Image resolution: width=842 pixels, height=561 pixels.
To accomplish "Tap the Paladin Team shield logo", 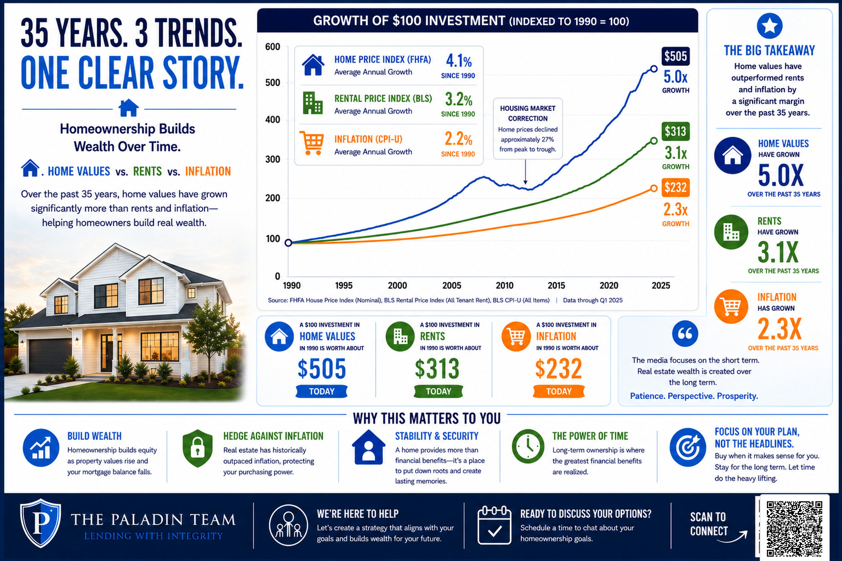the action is tap(41, 523).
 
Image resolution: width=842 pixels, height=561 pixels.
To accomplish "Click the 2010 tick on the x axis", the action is tap(504, 285).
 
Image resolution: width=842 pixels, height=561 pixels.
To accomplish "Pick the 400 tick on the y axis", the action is tap(272, 119).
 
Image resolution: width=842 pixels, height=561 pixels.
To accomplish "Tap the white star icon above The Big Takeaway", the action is tap(770, 26).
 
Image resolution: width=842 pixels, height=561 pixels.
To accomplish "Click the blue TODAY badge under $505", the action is tap(322, 391).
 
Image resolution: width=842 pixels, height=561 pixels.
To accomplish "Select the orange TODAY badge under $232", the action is tap(559, 391).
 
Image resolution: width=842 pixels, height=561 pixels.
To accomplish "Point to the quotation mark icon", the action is tap(685, 333).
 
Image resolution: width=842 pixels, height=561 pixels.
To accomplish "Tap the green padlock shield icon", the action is tap(198, 448).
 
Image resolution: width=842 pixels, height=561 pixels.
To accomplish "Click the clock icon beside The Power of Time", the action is tap(528, 446).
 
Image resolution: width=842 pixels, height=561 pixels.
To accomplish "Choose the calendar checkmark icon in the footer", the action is tap(494, 525).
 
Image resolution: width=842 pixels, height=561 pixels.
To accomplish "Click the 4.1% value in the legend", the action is tap(459, 61).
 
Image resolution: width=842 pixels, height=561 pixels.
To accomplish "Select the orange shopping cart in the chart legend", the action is tap(312, 143).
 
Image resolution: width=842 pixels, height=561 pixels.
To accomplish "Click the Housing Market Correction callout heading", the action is tap(528, 113).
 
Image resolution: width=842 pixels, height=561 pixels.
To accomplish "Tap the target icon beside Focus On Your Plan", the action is tap(688, 447).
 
